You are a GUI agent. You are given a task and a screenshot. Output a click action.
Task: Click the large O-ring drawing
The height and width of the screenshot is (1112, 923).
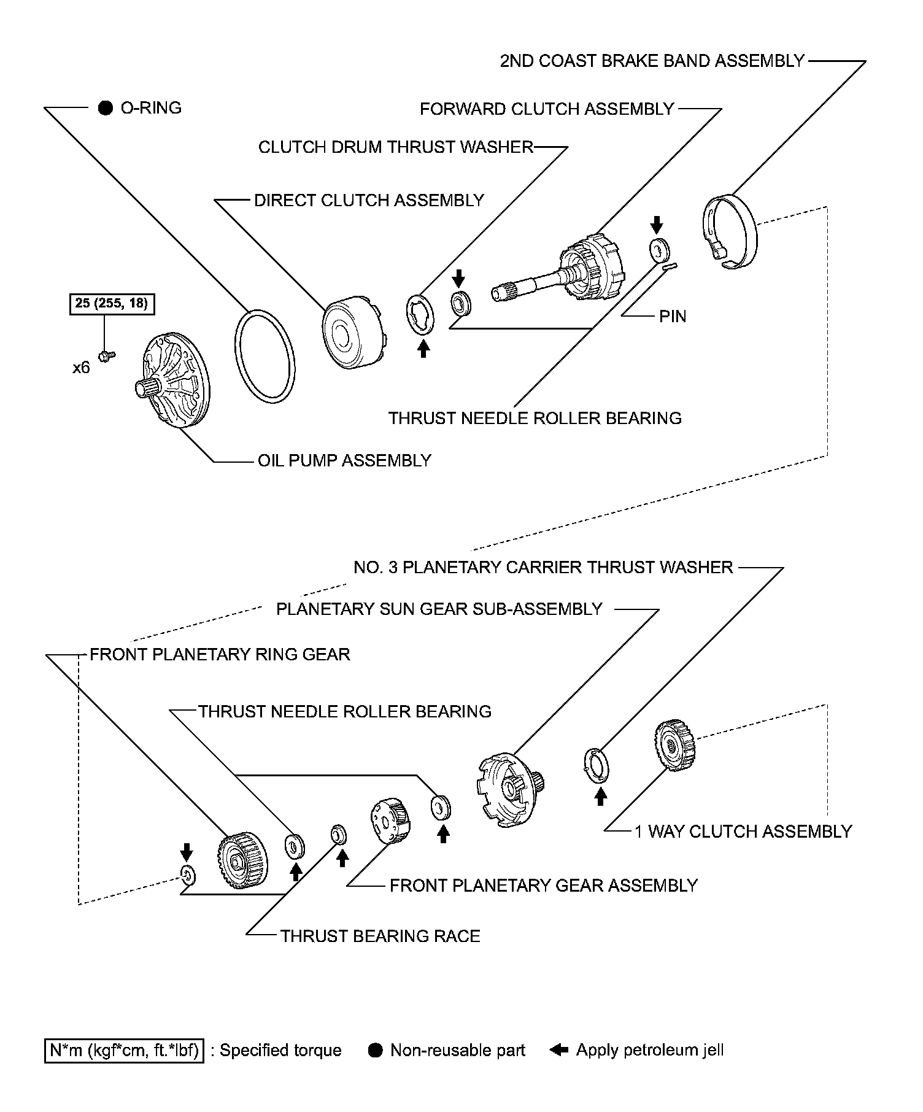(x=264, y=356)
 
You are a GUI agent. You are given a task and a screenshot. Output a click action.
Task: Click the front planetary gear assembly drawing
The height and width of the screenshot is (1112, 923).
(x=390, y=820)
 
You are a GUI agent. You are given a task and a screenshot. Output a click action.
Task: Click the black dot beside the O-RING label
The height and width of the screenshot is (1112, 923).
(x=106, y=109)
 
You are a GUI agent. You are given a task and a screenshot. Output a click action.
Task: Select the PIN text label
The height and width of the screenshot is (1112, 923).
(x=673, y=317)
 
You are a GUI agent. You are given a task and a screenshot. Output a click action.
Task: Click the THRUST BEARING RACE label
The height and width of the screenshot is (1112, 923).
(x=380, y=936)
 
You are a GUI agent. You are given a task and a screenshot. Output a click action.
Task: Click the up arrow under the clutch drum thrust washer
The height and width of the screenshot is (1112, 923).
(x=423, y=349)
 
